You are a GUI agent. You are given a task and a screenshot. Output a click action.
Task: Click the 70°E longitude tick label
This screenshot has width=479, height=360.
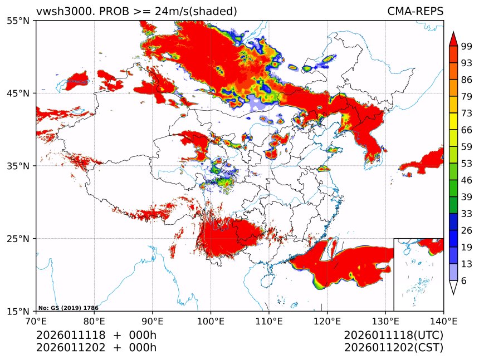click(36, 320)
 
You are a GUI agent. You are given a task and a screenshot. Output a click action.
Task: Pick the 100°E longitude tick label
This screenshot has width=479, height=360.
click(211, 320)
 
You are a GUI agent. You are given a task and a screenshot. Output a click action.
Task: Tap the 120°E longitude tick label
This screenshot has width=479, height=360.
click(327, 320)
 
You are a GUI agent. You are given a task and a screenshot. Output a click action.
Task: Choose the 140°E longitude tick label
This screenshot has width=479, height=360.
click(443, 320)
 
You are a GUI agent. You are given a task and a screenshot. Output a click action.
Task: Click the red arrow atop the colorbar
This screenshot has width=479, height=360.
click(453, 39)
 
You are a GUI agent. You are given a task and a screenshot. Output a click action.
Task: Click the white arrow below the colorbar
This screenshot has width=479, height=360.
click(453, 287)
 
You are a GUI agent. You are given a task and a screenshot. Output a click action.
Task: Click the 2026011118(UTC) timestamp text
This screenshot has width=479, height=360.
click(393, 336)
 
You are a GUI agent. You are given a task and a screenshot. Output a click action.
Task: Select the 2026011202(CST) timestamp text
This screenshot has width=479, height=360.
click(393, 348)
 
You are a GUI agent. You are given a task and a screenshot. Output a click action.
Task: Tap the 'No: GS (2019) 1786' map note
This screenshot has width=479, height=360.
click(60, 308)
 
